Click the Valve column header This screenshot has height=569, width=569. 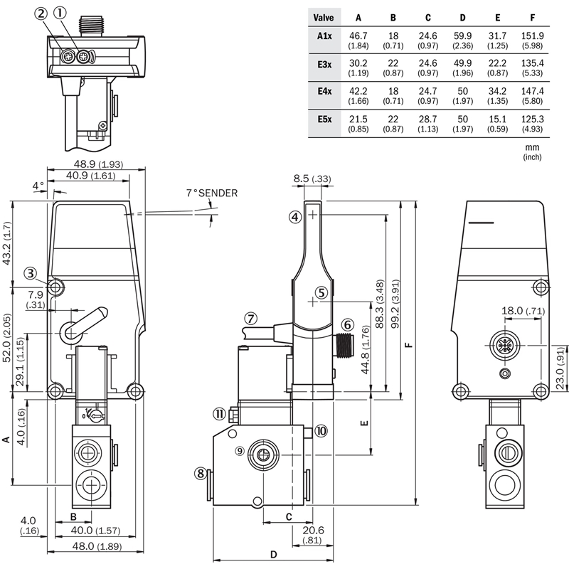click(324, 17)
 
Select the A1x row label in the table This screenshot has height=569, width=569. click(324, 36)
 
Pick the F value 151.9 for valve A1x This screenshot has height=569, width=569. click(532, 36)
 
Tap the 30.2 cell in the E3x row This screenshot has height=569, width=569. click(358, 63)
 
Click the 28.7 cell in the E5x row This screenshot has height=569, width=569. click(428, 119)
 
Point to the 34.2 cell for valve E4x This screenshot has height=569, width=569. click(497, 91)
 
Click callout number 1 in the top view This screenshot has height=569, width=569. click(60, 14)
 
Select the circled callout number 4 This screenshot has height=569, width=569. click(295, 217)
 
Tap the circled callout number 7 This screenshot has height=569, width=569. click(250, 319)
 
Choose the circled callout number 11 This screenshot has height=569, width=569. click(219, 414)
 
